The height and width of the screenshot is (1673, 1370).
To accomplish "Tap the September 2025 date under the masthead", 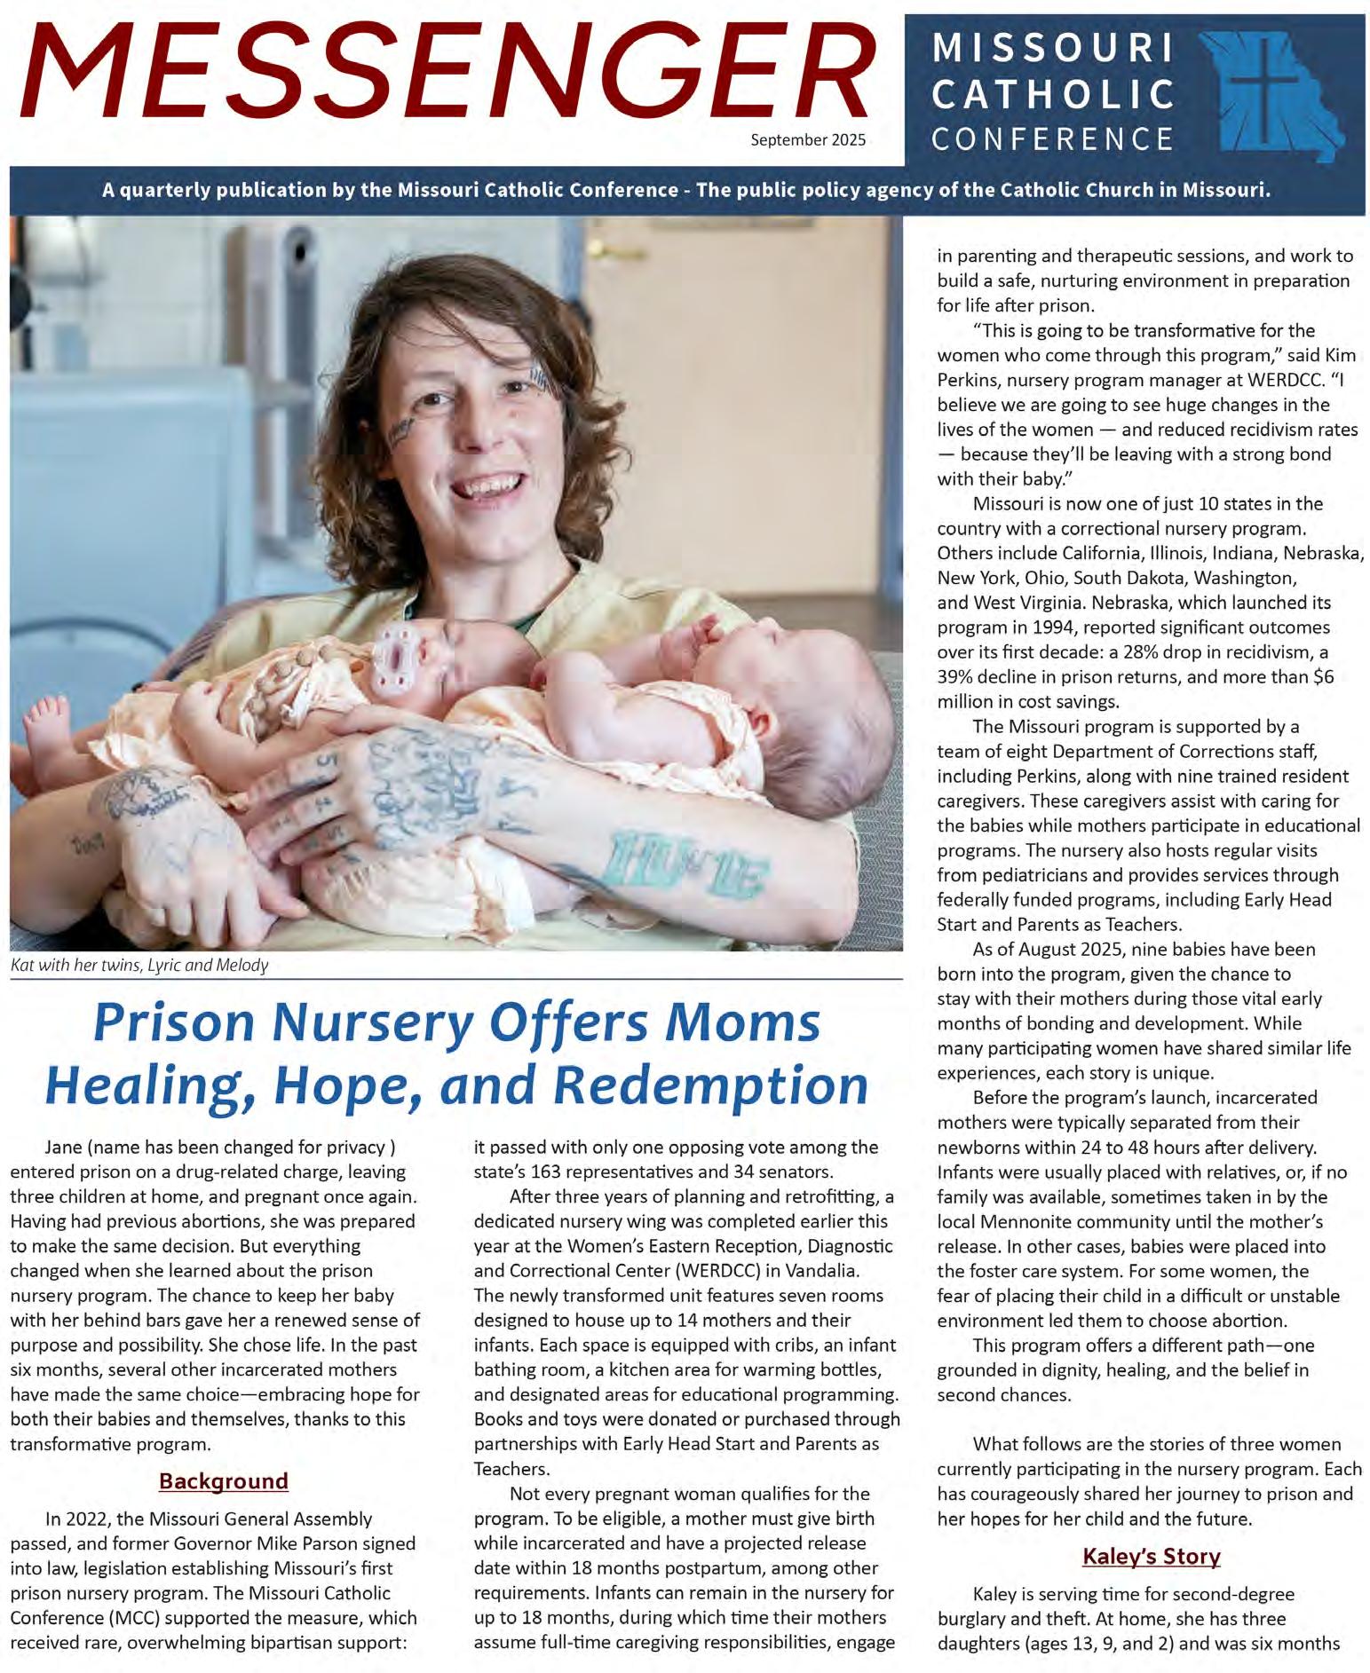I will tap(807, 139).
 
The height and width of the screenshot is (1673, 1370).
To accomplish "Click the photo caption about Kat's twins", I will tap(139, 965).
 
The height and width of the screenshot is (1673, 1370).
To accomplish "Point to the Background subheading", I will tap(224, 1480).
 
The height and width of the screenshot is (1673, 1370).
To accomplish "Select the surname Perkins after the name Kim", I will tap(975, 380).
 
